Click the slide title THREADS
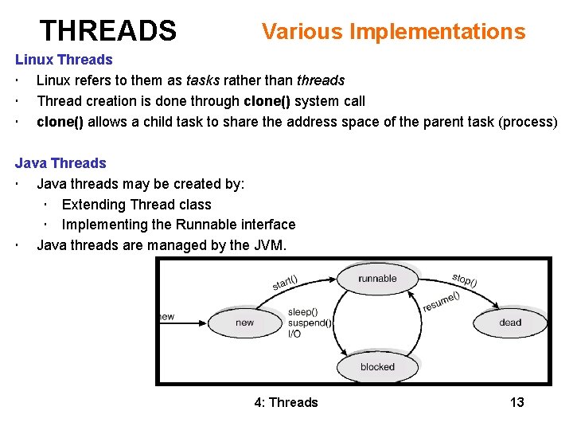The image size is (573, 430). (x=108, y=31)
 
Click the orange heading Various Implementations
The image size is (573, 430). (x=393, y=32)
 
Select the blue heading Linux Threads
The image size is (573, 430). (x=64, y=60)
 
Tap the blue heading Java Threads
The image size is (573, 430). (x=60, y=163)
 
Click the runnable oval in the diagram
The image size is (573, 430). (x=377, y=279)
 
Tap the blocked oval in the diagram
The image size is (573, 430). (x=377, y=367)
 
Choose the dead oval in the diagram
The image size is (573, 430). (x=510, y=322)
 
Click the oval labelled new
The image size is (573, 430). (x=245, y=322)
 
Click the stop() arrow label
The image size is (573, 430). (x=464, y=280)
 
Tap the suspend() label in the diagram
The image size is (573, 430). (x=310, y=323)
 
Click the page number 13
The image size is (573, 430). (x=517, y=402)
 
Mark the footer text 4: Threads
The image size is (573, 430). (x=286, y=402)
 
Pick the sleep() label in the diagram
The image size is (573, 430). (x=302, y=312)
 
